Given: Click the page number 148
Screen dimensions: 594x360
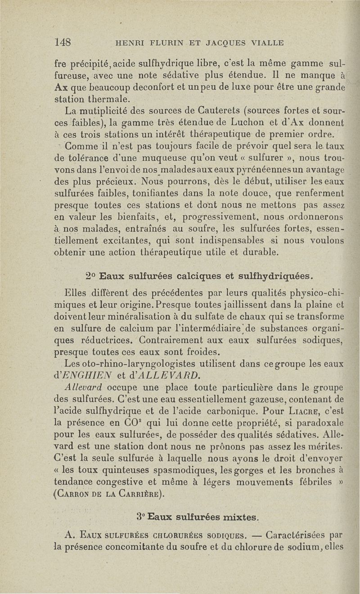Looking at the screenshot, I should [63, 42].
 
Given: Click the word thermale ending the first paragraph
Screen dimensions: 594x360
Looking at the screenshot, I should [108, 98].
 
